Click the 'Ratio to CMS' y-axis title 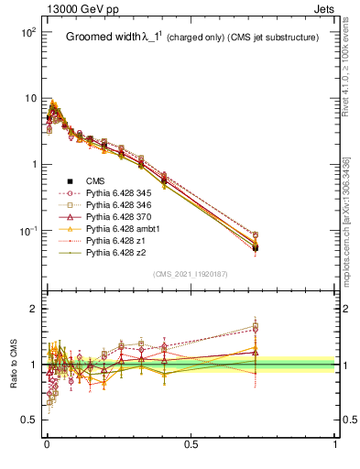click(x=13, y=355)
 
